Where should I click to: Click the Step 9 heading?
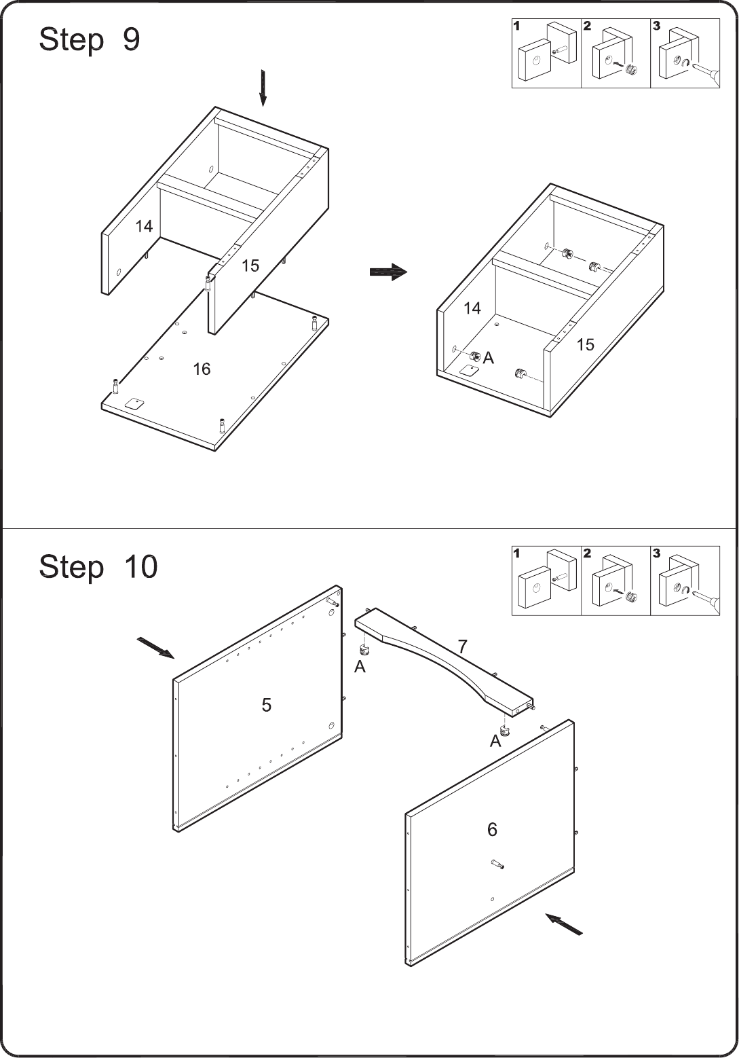[x=90, y=39]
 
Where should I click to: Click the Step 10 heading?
[x=98, y=567]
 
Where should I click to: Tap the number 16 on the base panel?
[x=202, y=369]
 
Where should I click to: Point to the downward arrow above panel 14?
[x=263, y=88]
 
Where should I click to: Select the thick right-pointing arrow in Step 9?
[x=388, y=272]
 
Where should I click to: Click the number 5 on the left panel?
[x=267, y=705]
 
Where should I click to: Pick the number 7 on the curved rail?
[x=462, y=646]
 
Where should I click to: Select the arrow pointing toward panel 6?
[x=564, y=924]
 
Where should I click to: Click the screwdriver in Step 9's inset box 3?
[x=706, y=73]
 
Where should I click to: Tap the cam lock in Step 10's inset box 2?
[x=631, y=598]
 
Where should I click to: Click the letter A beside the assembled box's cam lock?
[x=489, y=359]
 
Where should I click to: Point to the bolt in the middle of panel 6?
[x=497, y=863]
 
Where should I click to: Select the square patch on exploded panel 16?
[x=134, y=404]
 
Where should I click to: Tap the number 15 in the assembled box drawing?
[x=585, y=345]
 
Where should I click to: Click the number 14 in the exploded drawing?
[x=144, y=227]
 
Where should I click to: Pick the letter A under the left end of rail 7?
[x=360, y=667]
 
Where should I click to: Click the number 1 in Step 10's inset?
[x=516, y=553]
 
